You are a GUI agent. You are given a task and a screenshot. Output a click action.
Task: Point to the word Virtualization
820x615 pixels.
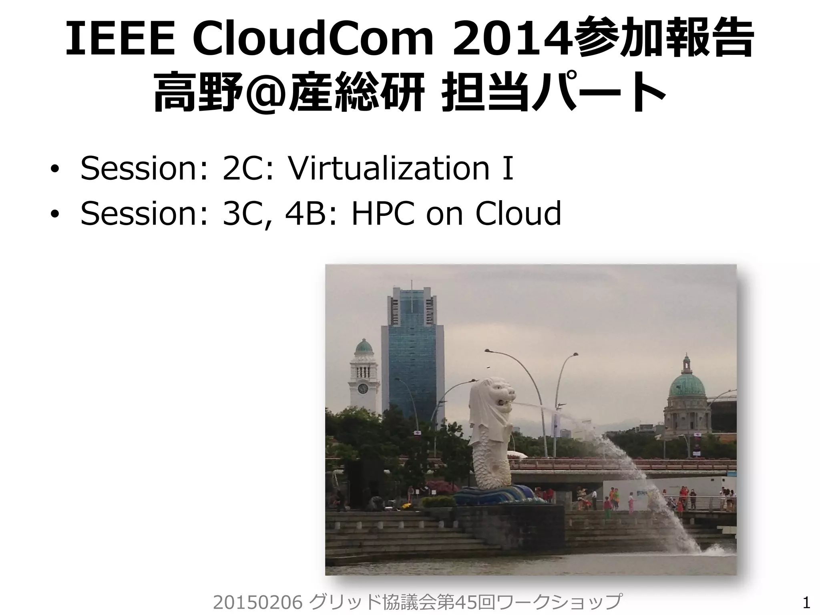point(388,168)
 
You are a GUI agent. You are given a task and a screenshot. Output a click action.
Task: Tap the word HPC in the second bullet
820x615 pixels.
point(382,213)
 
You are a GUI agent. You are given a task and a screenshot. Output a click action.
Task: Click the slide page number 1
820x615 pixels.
point(806,603)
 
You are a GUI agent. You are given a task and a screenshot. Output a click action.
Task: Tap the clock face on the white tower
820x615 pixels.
point(362,388)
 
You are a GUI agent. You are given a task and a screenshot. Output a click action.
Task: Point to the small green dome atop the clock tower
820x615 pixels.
point(364,347)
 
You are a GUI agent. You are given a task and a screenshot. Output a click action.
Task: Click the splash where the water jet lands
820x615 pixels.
point(717,550)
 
